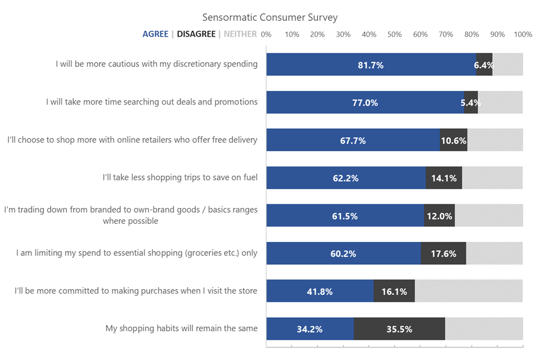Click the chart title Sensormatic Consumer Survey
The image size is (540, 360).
(x=270, y=17)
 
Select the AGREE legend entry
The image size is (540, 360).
(x=155, y=34)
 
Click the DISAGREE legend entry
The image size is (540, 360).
(x=196, y=34)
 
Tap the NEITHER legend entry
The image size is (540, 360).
(x=240, y=34)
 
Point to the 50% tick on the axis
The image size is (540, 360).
(x=394, y=34)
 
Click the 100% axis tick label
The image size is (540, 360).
(x=523, y=34)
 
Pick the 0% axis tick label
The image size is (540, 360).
(x=267, y=34)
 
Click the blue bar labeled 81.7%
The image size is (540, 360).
(x=371, y=65)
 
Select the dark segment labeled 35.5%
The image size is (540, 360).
(x=399, y=329)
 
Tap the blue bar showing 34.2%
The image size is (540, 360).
(x=310, y=329)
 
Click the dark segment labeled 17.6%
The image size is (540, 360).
(x=443, y=254)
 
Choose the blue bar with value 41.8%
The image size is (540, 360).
(x=319, y=291)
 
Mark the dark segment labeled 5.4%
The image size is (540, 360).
(x=471, y=102)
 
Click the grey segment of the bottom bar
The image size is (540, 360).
(x=484, y=329)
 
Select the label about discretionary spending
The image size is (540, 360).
(x=156, y=64)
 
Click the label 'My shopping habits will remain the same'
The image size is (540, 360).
(x=182, y=328)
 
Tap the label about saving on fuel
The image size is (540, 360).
(x=180, y=178)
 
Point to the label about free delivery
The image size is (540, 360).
(x=132, y=140)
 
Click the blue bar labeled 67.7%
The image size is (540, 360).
(x=353, y=140)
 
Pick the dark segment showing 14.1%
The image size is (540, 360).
(x=444, y=178)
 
